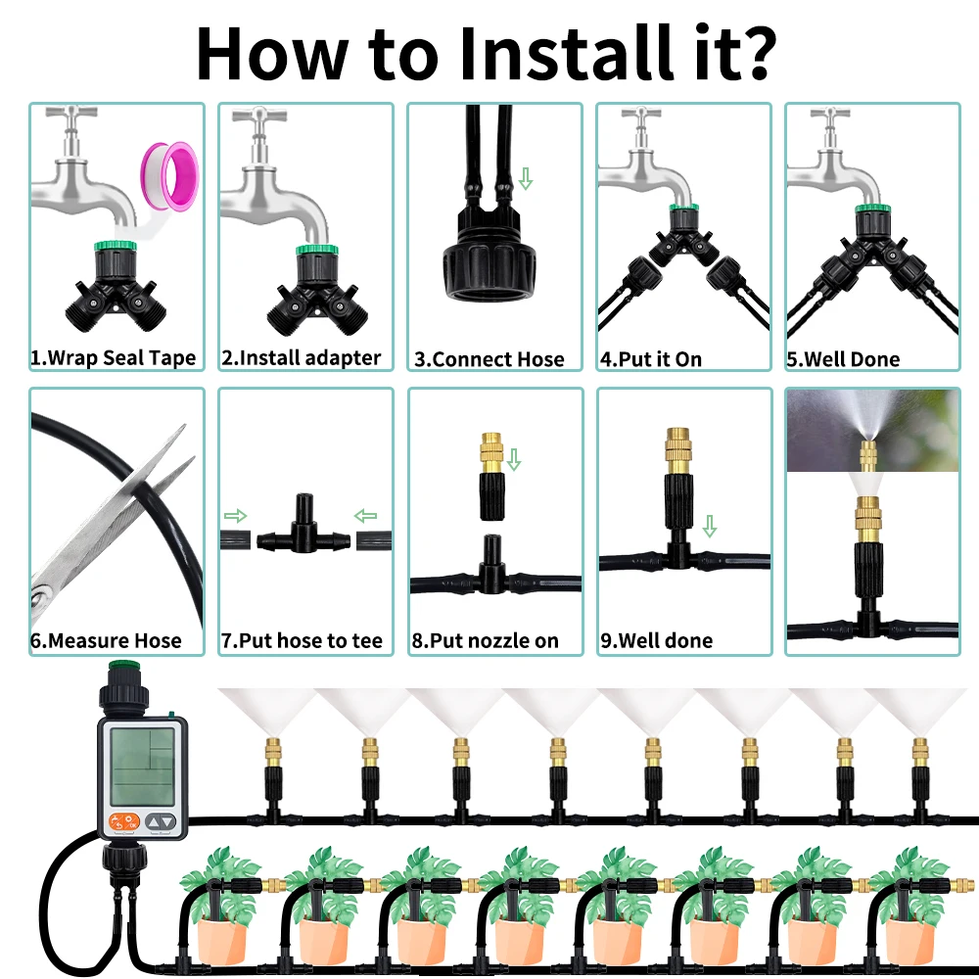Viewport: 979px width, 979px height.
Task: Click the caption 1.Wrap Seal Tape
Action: tap(114, 358)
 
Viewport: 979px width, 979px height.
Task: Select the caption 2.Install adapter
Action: tap(301, 358)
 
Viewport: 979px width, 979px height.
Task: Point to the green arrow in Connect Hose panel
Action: tap(526, 179)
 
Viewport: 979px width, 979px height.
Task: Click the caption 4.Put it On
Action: tap(651, 359)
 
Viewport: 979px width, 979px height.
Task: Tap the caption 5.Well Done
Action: tap(843, 359)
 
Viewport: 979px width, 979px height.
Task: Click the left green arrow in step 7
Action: tap(236, 515)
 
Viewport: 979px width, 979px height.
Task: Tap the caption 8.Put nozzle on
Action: tap(486, 641)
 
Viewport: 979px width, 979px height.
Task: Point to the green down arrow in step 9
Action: tap(709, 527)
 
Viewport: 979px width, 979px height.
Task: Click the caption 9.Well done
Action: tap(657, 641)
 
